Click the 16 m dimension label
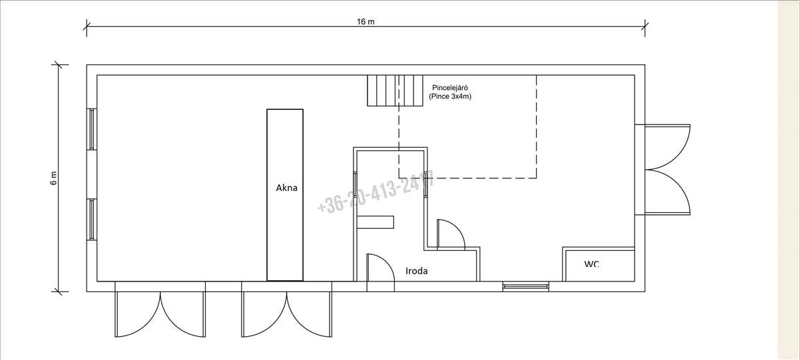tap(366, 22)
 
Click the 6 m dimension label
tap(54, 178)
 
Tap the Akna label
tap(286, 188)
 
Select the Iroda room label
tap(417, 271)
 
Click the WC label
tap(591, 264)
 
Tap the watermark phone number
tap(376, 192)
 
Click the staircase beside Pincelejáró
tap(396, 90)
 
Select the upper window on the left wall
tap(93, 129)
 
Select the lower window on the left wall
tap(93, 219)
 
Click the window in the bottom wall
tap(526, 286)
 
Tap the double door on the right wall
tap(666, 170)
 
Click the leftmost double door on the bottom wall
tap(160, 313)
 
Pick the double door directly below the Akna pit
tap(287, 313)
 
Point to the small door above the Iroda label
tap(450, 234)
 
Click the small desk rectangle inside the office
tap(376, 222)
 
